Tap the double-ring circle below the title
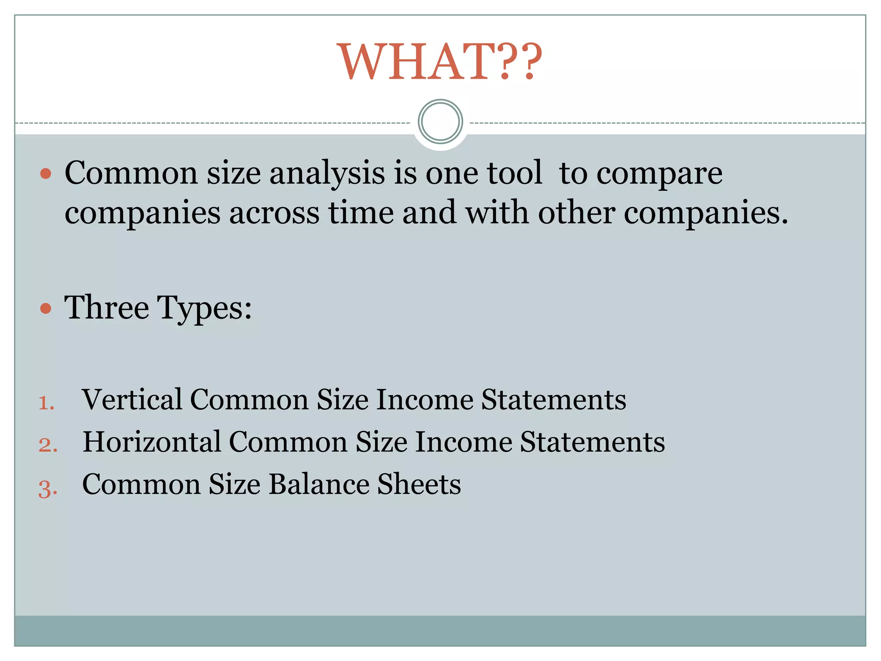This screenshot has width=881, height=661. click(440, 122)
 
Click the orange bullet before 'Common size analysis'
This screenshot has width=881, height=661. click(46, 174)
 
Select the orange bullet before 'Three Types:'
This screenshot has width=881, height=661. click(46, 308)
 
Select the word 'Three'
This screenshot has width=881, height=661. click(107, 307)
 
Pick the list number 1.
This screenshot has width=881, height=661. click(46, 403)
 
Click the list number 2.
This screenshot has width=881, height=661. click(48, 445)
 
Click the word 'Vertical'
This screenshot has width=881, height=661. click(132, 399)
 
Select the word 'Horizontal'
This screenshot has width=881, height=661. click(152, 442)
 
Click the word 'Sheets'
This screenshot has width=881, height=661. click(419, 484)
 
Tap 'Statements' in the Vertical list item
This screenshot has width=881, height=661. click(554, 399)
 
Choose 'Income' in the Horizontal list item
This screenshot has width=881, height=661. click(464, 442)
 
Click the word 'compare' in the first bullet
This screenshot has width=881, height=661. click(659, 174)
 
